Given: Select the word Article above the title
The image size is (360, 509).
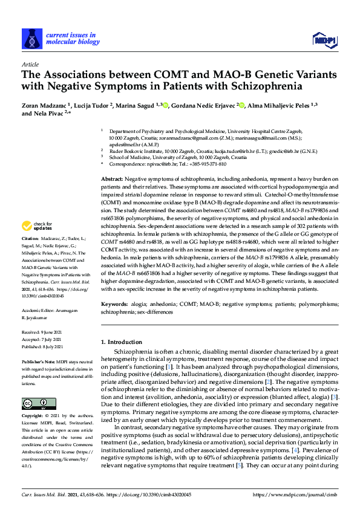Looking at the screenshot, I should pos(30,63).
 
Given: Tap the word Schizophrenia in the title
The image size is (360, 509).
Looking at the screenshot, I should pos(267,86).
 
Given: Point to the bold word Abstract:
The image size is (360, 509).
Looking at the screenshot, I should pos(111,180).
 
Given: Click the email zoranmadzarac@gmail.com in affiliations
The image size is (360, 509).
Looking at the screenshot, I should pos(171,137).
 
